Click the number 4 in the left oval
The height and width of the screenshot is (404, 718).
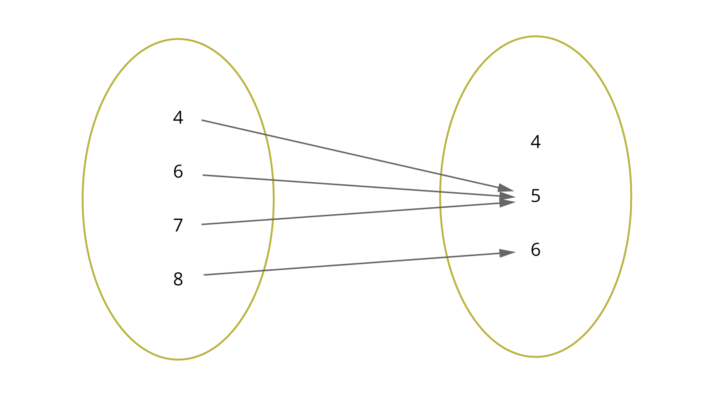[x=178, y=117]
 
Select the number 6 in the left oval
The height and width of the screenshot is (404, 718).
[x=178, y=171]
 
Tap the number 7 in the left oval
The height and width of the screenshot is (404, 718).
[x=178, y=225]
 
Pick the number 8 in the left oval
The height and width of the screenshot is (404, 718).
[x=178, y=279]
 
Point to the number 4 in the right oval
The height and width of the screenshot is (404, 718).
[x=536, y=142]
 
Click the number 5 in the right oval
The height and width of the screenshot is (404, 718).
[x=536, y=196]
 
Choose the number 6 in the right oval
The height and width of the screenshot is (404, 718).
[x=536, y=250]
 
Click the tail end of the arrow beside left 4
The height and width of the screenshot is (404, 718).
[x=202, y=120]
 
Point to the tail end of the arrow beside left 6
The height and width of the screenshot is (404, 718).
[x=203, y=175]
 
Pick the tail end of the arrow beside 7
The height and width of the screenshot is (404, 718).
[x=202, y=224]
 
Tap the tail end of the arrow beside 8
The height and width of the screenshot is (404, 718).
[x=204, y=275]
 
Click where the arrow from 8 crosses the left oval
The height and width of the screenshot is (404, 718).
[x=264, y=270]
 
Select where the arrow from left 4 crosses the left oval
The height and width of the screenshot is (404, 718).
[x=266, y=134]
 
